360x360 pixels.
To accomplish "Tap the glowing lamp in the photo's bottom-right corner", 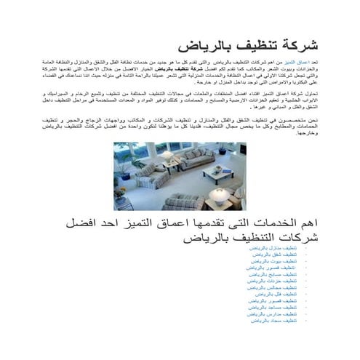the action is coord(219,197).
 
